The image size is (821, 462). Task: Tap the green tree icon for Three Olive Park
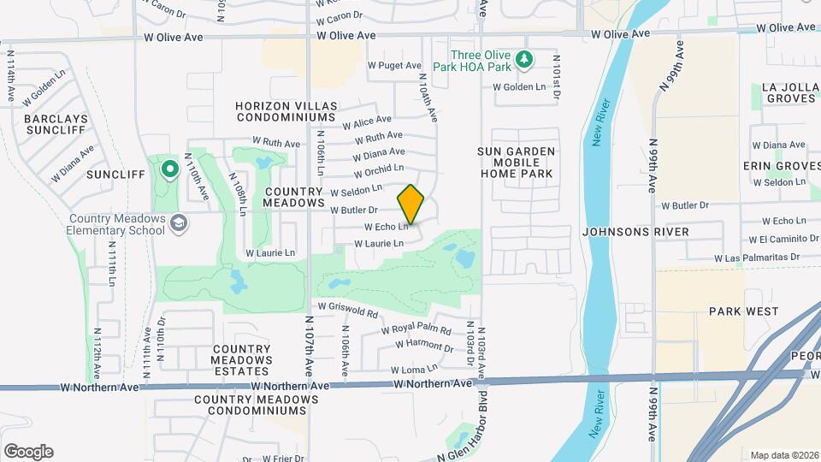[x=526, y=60]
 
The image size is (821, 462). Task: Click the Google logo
[x=28, y=452]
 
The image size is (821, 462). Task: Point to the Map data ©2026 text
[x=783, y=455]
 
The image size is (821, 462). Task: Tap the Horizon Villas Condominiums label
[x=286, y=110]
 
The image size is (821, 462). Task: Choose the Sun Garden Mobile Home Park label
[x=517, y=162]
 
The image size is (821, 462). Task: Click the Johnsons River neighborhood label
[x=623, y=231]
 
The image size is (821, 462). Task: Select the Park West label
[x=742, y=311]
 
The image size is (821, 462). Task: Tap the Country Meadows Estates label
[x=242, y=354]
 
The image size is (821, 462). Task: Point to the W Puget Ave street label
[x=394, y=65]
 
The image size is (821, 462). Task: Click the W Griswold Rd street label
[x=347, y=306]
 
